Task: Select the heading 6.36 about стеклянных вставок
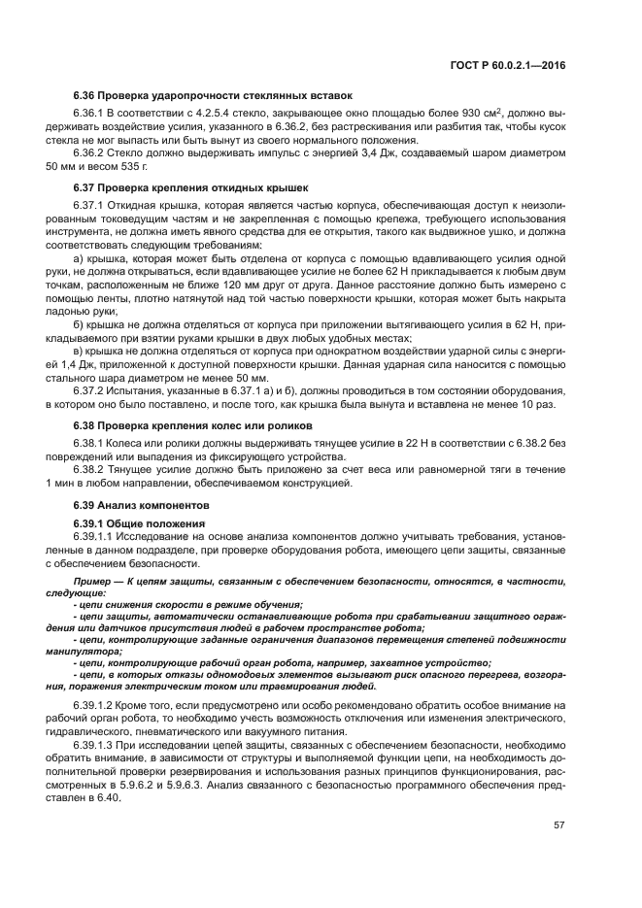[x=213, y=95]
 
